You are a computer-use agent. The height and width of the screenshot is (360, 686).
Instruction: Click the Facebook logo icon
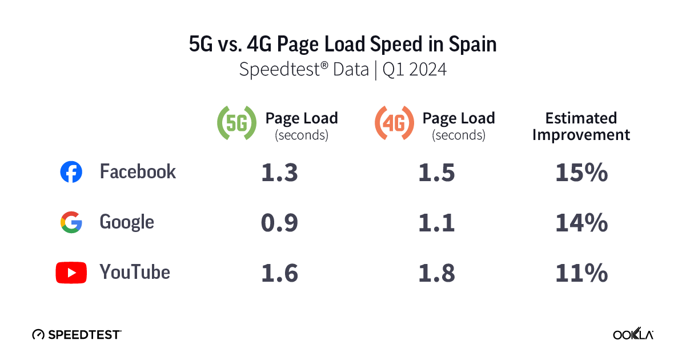[71, 172]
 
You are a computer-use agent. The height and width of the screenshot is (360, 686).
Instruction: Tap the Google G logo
[71, 222]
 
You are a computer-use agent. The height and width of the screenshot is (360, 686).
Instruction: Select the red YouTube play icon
[71, 273]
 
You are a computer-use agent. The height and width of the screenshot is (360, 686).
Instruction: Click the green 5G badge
[236, 123]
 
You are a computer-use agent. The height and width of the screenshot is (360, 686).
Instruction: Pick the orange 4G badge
[394, 123]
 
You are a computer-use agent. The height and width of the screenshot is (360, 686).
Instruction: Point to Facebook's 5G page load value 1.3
[279, 173]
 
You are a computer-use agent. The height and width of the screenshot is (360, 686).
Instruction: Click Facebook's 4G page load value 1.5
[436, 173]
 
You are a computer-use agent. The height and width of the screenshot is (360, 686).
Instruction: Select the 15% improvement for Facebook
[581, 173]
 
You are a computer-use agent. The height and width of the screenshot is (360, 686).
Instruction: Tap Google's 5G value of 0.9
[279, 223]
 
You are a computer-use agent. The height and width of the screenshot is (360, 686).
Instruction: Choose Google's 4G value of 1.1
[436, 223]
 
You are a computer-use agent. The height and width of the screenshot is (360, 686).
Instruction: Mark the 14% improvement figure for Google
[581, 223]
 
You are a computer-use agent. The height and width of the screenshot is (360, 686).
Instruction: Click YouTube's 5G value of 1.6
[279, 273]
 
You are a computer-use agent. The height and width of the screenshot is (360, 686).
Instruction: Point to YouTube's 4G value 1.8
[436, 273]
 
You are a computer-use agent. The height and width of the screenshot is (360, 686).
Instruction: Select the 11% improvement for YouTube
[581, 273]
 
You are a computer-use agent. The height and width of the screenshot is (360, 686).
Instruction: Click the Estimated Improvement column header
[581, 126]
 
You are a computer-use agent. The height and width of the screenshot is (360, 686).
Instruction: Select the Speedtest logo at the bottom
[77, 334]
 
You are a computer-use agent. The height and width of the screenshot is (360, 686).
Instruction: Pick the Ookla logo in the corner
[633, 334]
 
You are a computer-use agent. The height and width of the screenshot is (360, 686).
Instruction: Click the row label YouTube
[135, 272]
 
